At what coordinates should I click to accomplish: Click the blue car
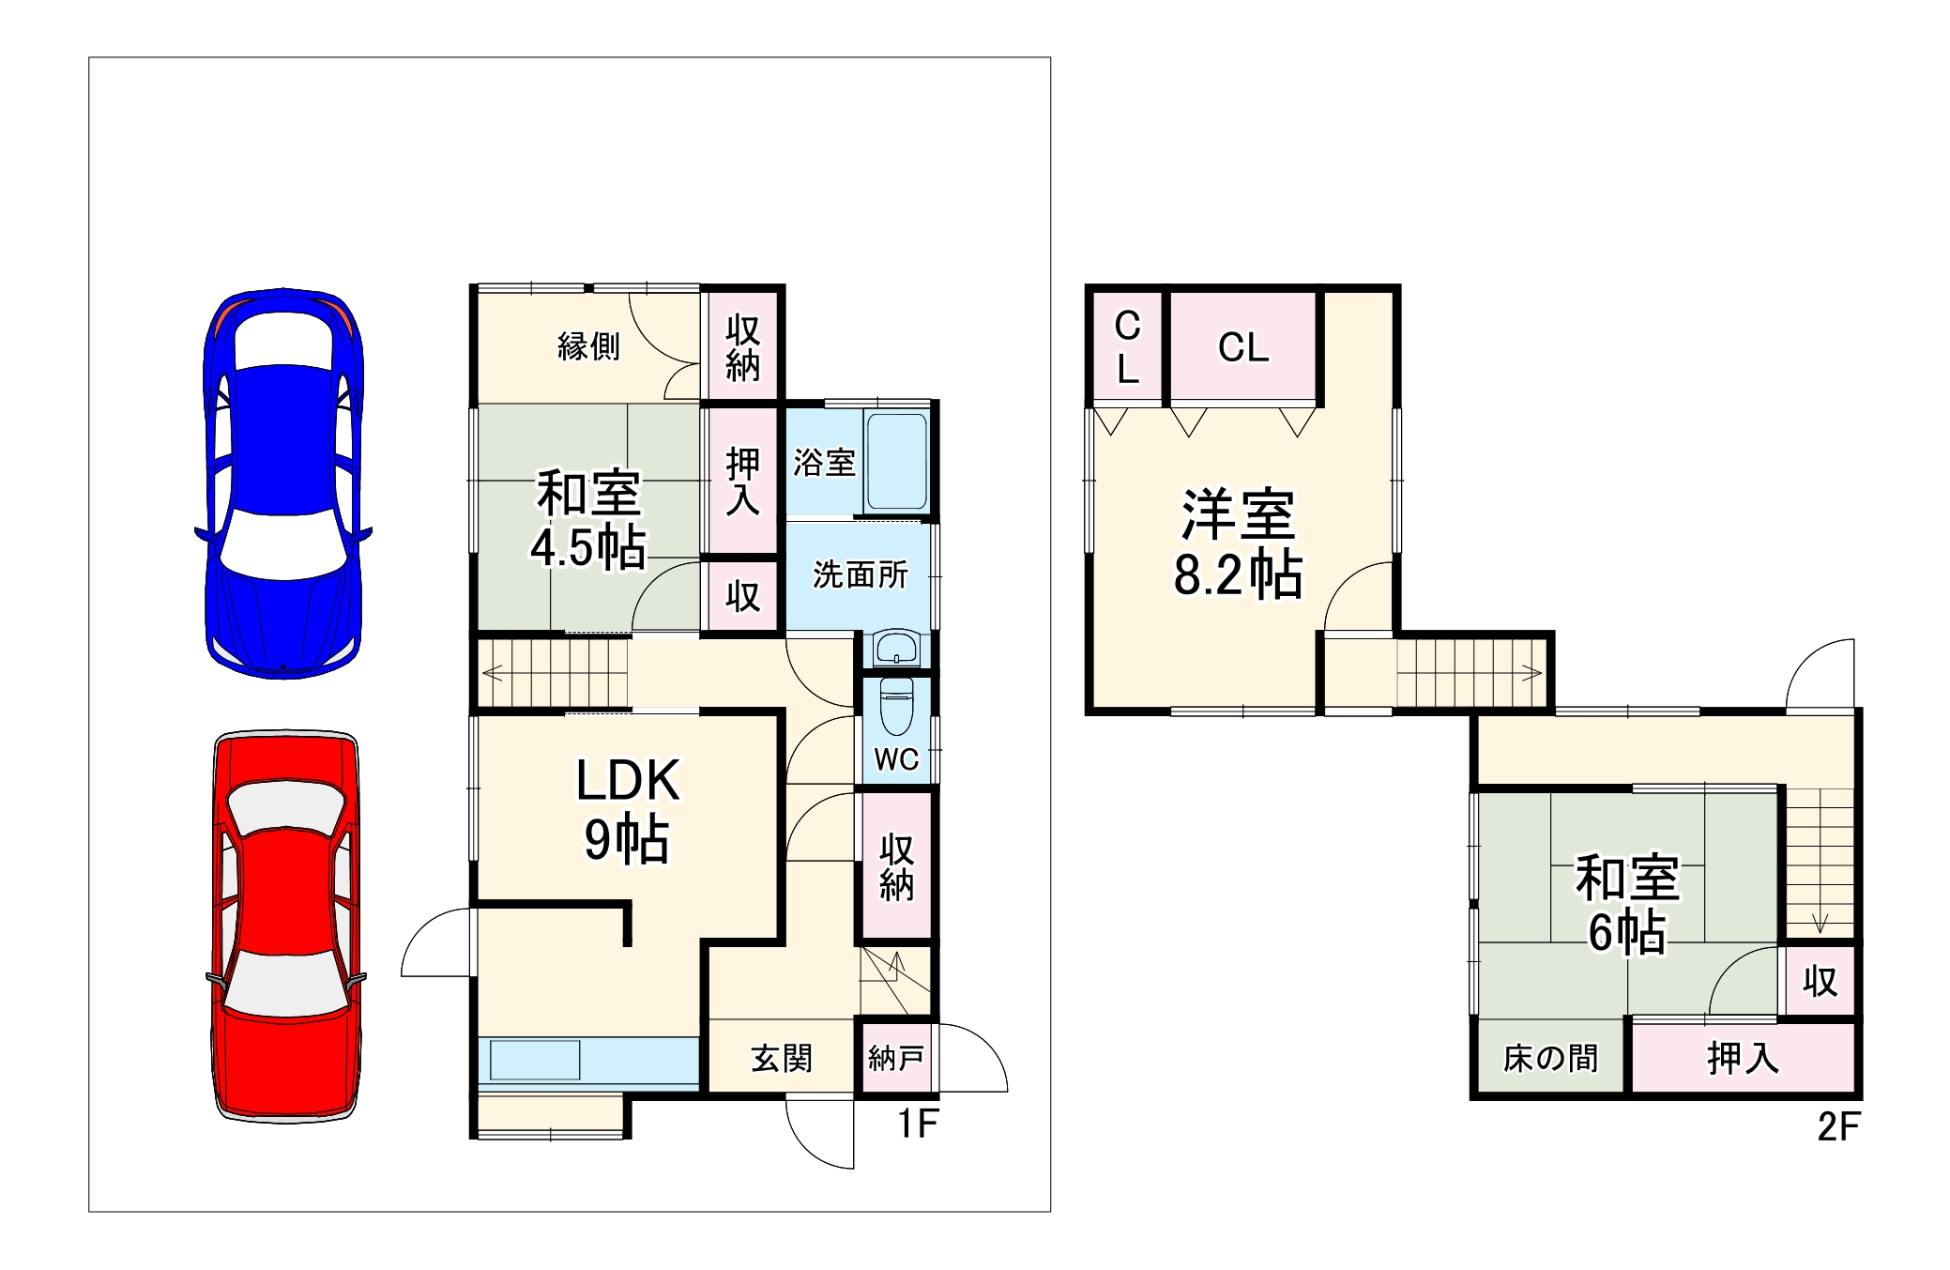pyautogui.click(x=283, y=483)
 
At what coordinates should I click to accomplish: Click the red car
pyautogui.click(x=286, y=925)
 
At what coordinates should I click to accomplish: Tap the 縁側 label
pyautogui.click(x=588, y=346)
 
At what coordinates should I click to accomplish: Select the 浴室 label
pyautogui.click(x=824, y=462)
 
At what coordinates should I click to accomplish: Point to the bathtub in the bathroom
pyautogui.click(x=897, y=461)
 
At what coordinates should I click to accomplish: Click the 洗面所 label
pyautogui.click(x=860, y=574)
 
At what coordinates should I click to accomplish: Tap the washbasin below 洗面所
pyautogui.click(x=896, y=648)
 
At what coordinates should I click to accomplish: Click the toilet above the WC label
pyautogui.click(x=896, y=706)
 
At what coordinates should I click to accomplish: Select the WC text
pyautogui.click(x=896, y=759)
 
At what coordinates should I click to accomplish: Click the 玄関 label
pyautogui.click(x=782, y=1059)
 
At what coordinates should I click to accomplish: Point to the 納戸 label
pyautogui.click(x=896, y=1059)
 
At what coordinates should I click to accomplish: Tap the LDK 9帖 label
pyautogui.click(x=627, y=809)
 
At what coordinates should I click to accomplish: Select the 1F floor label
pyautogui.click(x=918, y=1124)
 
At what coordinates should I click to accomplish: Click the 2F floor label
pyautogui.click(x=1837, y=1126)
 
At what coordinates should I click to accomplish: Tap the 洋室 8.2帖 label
pyautogui.click(x=1239, y=544)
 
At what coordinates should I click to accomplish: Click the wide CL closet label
pyautogui.click(x=1243, y=347)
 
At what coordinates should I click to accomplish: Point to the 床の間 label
pyautogui.click(x=1550, y=1059)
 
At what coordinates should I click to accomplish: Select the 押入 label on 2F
pyautogui.click(x=1743, y=1059)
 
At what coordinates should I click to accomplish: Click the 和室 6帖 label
pyautogui.click(x=1627, y=904)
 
